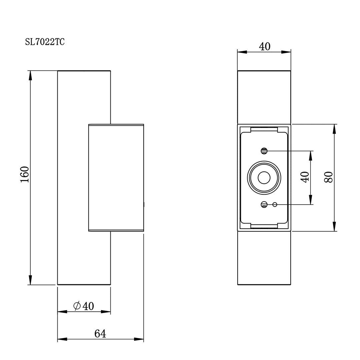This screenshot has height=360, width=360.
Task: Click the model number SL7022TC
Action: [x=45, y=42]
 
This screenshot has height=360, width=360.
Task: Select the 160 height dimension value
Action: [x=25, y=174]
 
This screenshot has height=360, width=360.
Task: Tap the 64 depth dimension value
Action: [x=100, y=333]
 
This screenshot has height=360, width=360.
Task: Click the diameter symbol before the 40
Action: [x=77, y=306]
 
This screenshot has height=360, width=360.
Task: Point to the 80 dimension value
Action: [x=328, y=177]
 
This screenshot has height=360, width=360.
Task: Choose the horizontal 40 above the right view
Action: [x=265, y=47]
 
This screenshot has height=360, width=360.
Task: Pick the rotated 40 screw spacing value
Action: [x=305, y=177]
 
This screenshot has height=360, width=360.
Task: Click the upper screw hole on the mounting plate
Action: [x=264, y=151]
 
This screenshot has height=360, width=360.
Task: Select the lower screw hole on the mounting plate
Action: [x=264, y=205]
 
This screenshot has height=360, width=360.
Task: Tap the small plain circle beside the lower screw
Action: [x=275, y=205]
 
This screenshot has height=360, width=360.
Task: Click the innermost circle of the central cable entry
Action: [x=264, y=178]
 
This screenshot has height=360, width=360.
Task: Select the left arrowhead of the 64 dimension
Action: [x=62, y=339]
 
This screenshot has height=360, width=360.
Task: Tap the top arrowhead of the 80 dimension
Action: [x=334, y=129]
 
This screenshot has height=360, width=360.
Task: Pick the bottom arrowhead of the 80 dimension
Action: [x=334, y=226]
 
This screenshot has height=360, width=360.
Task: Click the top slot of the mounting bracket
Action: [x=264, y=129]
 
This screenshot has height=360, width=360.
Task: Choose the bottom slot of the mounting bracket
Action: [x=264, y=226]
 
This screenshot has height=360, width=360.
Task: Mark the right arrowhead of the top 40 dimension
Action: [x=286, y=52]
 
